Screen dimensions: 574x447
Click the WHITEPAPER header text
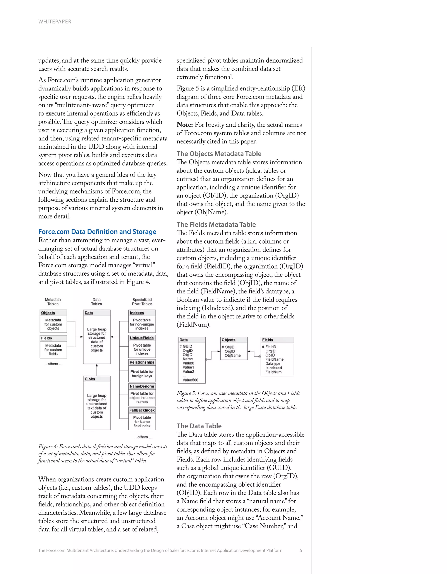(55, 22)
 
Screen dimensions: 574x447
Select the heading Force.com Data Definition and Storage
(97, 232)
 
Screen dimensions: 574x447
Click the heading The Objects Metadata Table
(219, 154)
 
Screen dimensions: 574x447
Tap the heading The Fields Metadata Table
(216, 225)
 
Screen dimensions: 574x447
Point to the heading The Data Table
(199, 426)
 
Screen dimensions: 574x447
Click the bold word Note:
(185, 125)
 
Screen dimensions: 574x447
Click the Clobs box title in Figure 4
(90, 379)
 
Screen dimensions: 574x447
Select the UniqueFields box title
(142, 338)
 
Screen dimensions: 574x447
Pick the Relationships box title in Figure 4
(142, 362)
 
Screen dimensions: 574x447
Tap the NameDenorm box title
(142, 386)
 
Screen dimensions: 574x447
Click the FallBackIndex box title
(142, 410)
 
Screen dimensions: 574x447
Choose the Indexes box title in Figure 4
(137, 313)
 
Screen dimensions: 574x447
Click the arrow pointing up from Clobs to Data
(97, 369)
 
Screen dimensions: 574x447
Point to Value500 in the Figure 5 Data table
(190, 380)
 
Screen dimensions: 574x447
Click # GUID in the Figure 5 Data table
(186, 346)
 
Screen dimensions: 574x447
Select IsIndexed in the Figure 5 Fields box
(273, 368)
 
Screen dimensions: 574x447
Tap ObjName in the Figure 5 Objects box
(233, 356)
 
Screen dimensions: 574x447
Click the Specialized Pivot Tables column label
(142, 302)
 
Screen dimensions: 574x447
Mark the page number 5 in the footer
(301, 550)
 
